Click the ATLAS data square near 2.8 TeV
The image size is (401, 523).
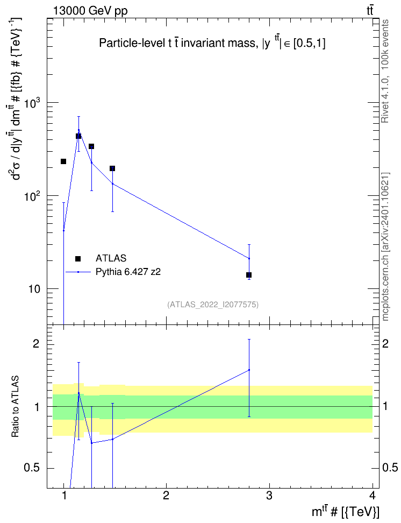[249, 275]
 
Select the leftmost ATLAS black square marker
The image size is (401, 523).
[63, 161]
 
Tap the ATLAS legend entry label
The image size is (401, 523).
[111, 258]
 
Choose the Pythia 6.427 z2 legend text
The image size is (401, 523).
[128, 272]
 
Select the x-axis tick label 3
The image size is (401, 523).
[269, 496]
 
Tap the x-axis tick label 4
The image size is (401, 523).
[373, 496]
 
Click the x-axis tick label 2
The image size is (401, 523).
[166, 496]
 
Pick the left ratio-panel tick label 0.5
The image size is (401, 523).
[31, 468]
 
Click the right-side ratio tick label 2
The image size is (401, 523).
[385, 344]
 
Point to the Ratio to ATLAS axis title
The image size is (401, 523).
[15, 407]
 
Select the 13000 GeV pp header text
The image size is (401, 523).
[90, 11]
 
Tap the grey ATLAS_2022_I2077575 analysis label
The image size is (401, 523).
[213, 304]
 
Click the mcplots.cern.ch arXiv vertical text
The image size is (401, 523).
[385, 246]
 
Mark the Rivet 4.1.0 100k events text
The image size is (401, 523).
[385, 71]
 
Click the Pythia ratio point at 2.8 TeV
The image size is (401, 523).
[249, 370]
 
